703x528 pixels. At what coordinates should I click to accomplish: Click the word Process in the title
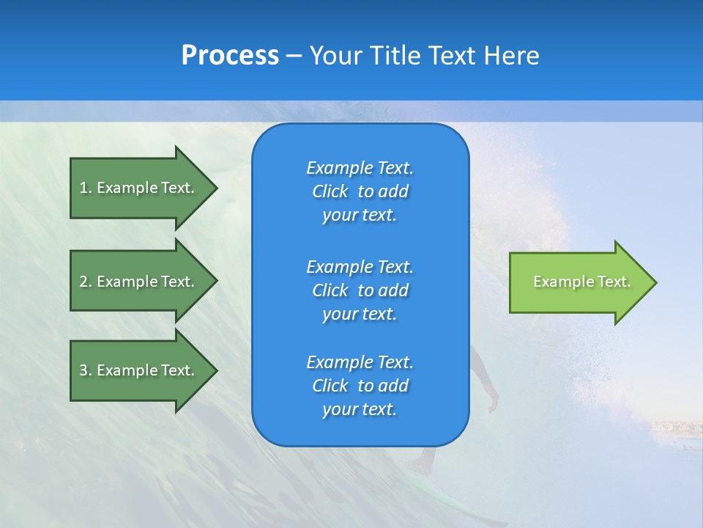click(x=230, y=56)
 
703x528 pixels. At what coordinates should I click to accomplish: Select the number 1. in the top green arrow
click(x=86, y=188)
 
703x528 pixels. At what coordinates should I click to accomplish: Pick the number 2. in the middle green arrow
click(x=86, y=282)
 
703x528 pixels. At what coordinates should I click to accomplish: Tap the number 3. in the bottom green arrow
click(x=86, y=370)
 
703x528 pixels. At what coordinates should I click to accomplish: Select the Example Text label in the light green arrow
click(x=581, y=282)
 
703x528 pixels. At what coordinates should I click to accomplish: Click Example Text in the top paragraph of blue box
click(x=360, y=168)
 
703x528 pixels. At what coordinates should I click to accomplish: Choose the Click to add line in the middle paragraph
click(x=360, y=290)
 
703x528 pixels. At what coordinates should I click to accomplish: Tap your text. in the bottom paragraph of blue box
click(x=360, y=410)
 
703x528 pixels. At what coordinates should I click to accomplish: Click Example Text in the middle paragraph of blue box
click(x=360, y=266)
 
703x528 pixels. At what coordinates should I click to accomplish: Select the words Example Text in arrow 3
click(x=146, y=370)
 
